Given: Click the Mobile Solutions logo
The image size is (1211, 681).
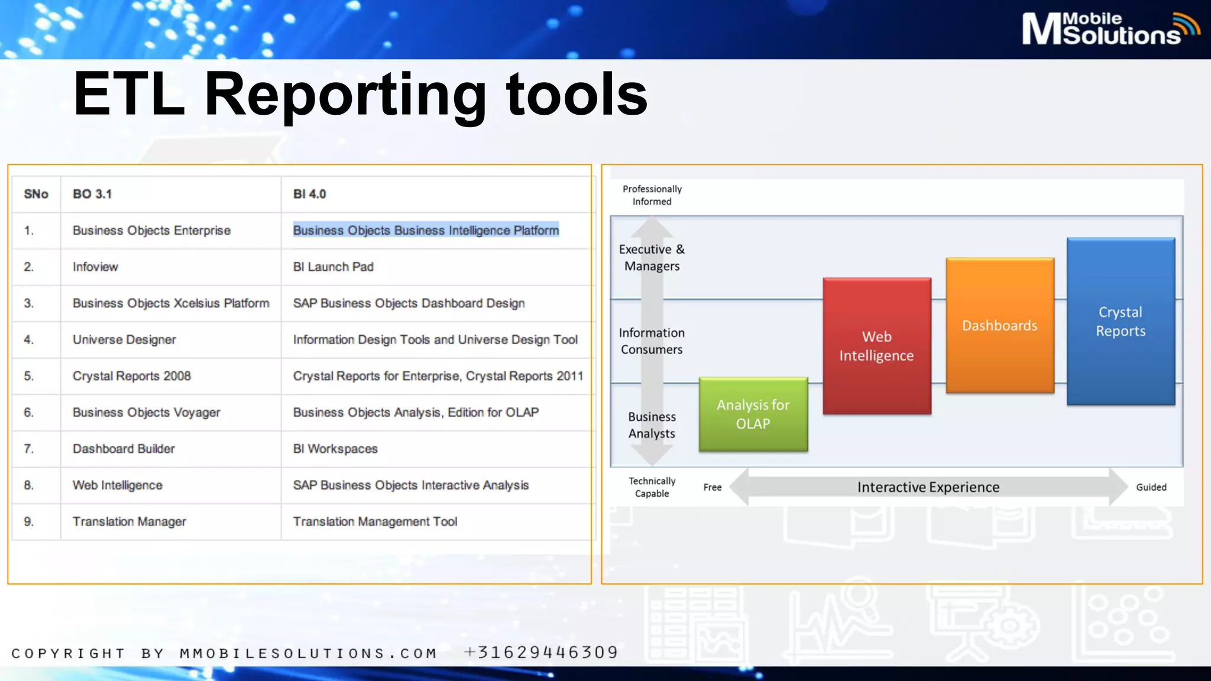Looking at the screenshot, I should tap(1109, 28).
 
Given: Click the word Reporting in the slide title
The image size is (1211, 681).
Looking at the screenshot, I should tap(345, 95).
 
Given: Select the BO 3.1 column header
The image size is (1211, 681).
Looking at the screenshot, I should tap(92, 194).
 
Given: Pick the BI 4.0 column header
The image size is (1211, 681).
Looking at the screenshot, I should tap(309, 194).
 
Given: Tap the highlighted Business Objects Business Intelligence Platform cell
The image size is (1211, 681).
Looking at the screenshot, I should tap(426, 230).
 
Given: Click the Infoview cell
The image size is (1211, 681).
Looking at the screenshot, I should tap(95, 267).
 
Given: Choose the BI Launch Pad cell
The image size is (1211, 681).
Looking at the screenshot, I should tap(333, 267).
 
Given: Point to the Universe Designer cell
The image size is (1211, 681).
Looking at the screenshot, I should tap(124, 339).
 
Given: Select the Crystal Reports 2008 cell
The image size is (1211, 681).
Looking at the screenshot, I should tap(131, 376).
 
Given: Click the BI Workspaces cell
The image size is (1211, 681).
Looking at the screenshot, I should tap(335, 449).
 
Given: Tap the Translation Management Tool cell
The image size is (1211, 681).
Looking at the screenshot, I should tap(375, 521).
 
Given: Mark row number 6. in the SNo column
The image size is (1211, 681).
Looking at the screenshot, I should tap(29, 412).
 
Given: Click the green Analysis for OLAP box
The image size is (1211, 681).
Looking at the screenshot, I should tap(753, 414).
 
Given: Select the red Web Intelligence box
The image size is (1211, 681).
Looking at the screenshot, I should tap(876, 346).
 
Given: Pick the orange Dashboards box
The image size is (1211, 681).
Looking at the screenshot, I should tap(999, 325).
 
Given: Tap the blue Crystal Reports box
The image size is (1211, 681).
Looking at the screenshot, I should tap(1121, 322).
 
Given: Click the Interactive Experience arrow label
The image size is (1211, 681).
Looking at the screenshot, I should tap(928, 487).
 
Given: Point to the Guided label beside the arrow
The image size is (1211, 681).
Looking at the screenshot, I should tap(1151, 487).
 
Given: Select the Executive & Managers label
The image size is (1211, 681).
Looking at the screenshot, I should tap(652, 258).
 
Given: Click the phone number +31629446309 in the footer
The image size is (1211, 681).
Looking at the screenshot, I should tap(541, 652).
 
